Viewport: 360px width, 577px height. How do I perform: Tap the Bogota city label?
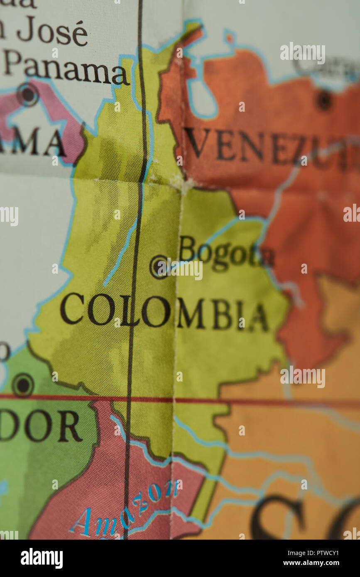point(226,252)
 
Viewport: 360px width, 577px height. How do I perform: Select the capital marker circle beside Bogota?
point(159,266)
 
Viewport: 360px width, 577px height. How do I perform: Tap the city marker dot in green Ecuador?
point(23,385)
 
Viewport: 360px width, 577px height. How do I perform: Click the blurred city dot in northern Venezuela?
point(324,100)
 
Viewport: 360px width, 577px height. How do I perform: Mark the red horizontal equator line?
point(249,401)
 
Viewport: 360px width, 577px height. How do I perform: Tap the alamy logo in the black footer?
point(42,558)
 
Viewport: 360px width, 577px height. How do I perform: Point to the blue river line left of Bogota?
point(120,253)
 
